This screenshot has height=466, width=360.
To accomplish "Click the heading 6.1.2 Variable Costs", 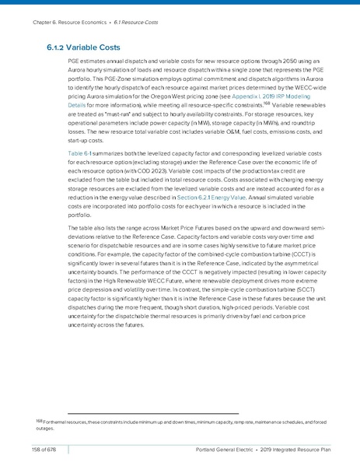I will pyautogui.click(x=82, y=47).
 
